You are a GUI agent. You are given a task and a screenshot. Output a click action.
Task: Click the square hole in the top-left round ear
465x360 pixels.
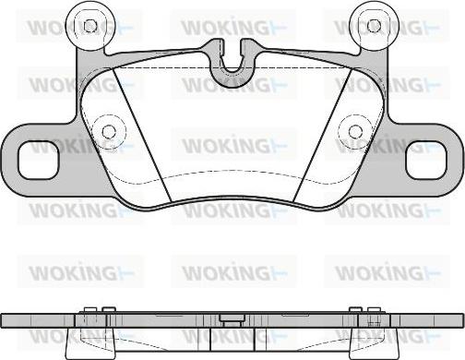coord(90,26)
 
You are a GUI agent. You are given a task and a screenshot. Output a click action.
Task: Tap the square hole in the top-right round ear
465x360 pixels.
coord(374,26)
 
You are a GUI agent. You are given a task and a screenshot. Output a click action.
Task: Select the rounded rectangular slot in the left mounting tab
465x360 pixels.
coord(38,160)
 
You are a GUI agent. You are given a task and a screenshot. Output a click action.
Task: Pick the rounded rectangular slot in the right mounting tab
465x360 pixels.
coord(426,160)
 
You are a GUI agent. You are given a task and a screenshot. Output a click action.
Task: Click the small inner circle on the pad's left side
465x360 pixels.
coord(108,132)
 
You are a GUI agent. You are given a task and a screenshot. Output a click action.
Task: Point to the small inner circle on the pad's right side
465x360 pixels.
coord(355,132)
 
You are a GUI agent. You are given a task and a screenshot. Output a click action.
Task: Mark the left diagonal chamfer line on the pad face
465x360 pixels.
coord(142,136)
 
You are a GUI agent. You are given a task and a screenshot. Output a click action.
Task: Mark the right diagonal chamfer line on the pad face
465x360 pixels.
coord(323,136)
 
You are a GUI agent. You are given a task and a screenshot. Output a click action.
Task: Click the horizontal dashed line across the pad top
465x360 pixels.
coord(232,67)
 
